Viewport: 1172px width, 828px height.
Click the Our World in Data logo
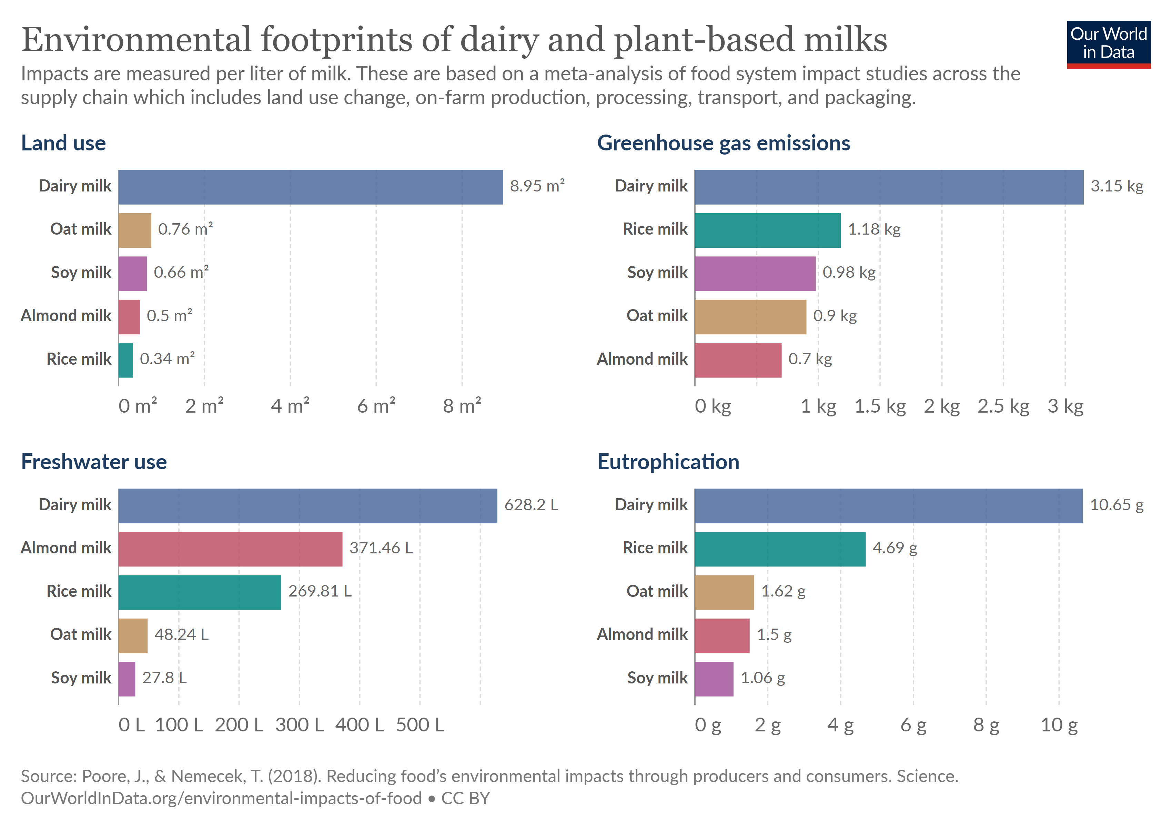point(1108,44)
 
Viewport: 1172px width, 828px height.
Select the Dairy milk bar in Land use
point(310,187)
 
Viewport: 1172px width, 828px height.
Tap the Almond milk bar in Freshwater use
point(230,549)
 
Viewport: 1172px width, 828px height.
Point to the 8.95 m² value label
point(537,186)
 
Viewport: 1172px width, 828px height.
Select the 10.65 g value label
point(1117,505)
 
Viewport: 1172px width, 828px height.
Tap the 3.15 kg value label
point(1117,186)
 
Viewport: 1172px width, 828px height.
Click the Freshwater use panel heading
point(94,462)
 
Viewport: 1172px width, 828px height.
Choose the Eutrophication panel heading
point(668,462)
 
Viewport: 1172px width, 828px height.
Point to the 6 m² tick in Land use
point(376,406)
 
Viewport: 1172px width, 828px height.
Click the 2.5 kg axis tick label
point(1003,406)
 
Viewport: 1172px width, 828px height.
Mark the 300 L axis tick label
point(299,725)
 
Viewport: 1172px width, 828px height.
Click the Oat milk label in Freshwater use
point(81,634)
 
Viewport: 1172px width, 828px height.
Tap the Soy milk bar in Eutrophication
point(714,679)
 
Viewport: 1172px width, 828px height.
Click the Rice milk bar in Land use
point(125,360)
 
